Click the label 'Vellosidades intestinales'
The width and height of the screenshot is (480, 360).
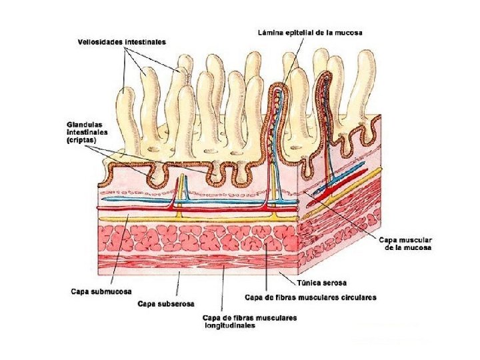click(x=121, y=42)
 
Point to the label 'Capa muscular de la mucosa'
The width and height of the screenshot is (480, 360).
click(x=405, y=243)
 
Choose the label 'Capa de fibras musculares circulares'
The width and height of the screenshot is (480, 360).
click(x=311, y=297)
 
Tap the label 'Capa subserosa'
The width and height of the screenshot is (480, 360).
click(x=166, y=305)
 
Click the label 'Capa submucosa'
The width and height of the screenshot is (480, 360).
click(x=101, y=291)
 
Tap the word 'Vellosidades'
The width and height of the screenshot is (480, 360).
click(x=100, y=42)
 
